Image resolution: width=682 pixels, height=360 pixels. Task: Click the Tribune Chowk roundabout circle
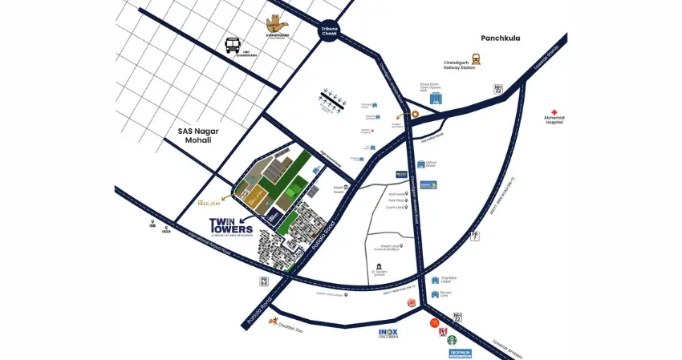[x=330, y=30]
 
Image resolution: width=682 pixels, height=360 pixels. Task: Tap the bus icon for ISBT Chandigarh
[x=233, y=44]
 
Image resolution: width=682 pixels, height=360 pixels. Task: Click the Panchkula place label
[x=501, y=38]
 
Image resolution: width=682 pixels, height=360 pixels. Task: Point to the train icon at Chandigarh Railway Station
[x=476, y=59]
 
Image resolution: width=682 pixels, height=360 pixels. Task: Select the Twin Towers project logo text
[x=233, y=226]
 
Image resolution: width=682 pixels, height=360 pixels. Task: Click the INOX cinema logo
[x=388, y=333]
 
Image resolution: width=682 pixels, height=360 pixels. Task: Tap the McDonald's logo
[x=434, y=323]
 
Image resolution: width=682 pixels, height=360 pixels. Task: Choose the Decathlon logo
[x=460, y=353]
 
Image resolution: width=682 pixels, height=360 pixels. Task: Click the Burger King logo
[x=412, y=302]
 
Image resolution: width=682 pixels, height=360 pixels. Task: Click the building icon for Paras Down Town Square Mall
[x=435, y=98]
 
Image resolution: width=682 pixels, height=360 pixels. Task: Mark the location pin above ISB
[x=152, y=222]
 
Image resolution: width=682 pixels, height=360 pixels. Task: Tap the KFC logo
[x=441, y=330]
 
